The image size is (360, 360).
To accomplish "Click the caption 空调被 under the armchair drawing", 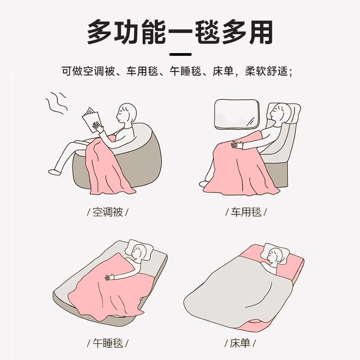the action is pyautogui.click(x=108, y=212).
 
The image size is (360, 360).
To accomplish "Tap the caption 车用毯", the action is pyautogui.click(x=246, y=212).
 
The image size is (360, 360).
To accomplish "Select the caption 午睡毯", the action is pyautogui.click(x=108, y=343).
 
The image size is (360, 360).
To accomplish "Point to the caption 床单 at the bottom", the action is pyautogui.click(x=240, y=343).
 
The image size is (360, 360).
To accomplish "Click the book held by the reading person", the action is pyautogui.click(x=91, y=119).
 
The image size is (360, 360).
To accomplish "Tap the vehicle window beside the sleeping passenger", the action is pyautogui.click(x=237, y=114).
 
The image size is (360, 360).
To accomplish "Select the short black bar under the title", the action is pyautogui.click(x=180, y=54).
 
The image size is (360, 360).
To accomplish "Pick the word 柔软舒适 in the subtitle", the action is pyautogui.click(x=266, y=71).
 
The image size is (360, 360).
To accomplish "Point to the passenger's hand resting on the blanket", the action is pyautogui.click(x=238, y=144).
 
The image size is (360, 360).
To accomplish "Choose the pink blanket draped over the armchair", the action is pyautogui.click(x=108, y=166).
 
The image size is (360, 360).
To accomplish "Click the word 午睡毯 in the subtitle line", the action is pyautogui.click(x=185, y=71).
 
